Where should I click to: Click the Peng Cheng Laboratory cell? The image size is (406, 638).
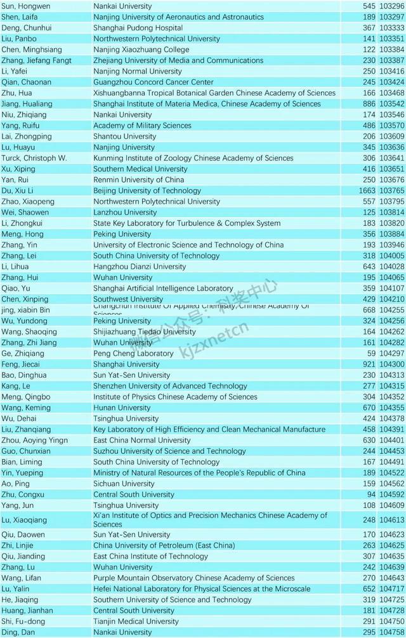[133, 354]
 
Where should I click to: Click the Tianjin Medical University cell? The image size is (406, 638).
[136, 621]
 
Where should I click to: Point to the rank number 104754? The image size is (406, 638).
[392, 632]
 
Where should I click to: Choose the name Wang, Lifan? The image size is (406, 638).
[21, 578]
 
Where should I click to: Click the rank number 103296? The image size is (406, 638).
[392, 6]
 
